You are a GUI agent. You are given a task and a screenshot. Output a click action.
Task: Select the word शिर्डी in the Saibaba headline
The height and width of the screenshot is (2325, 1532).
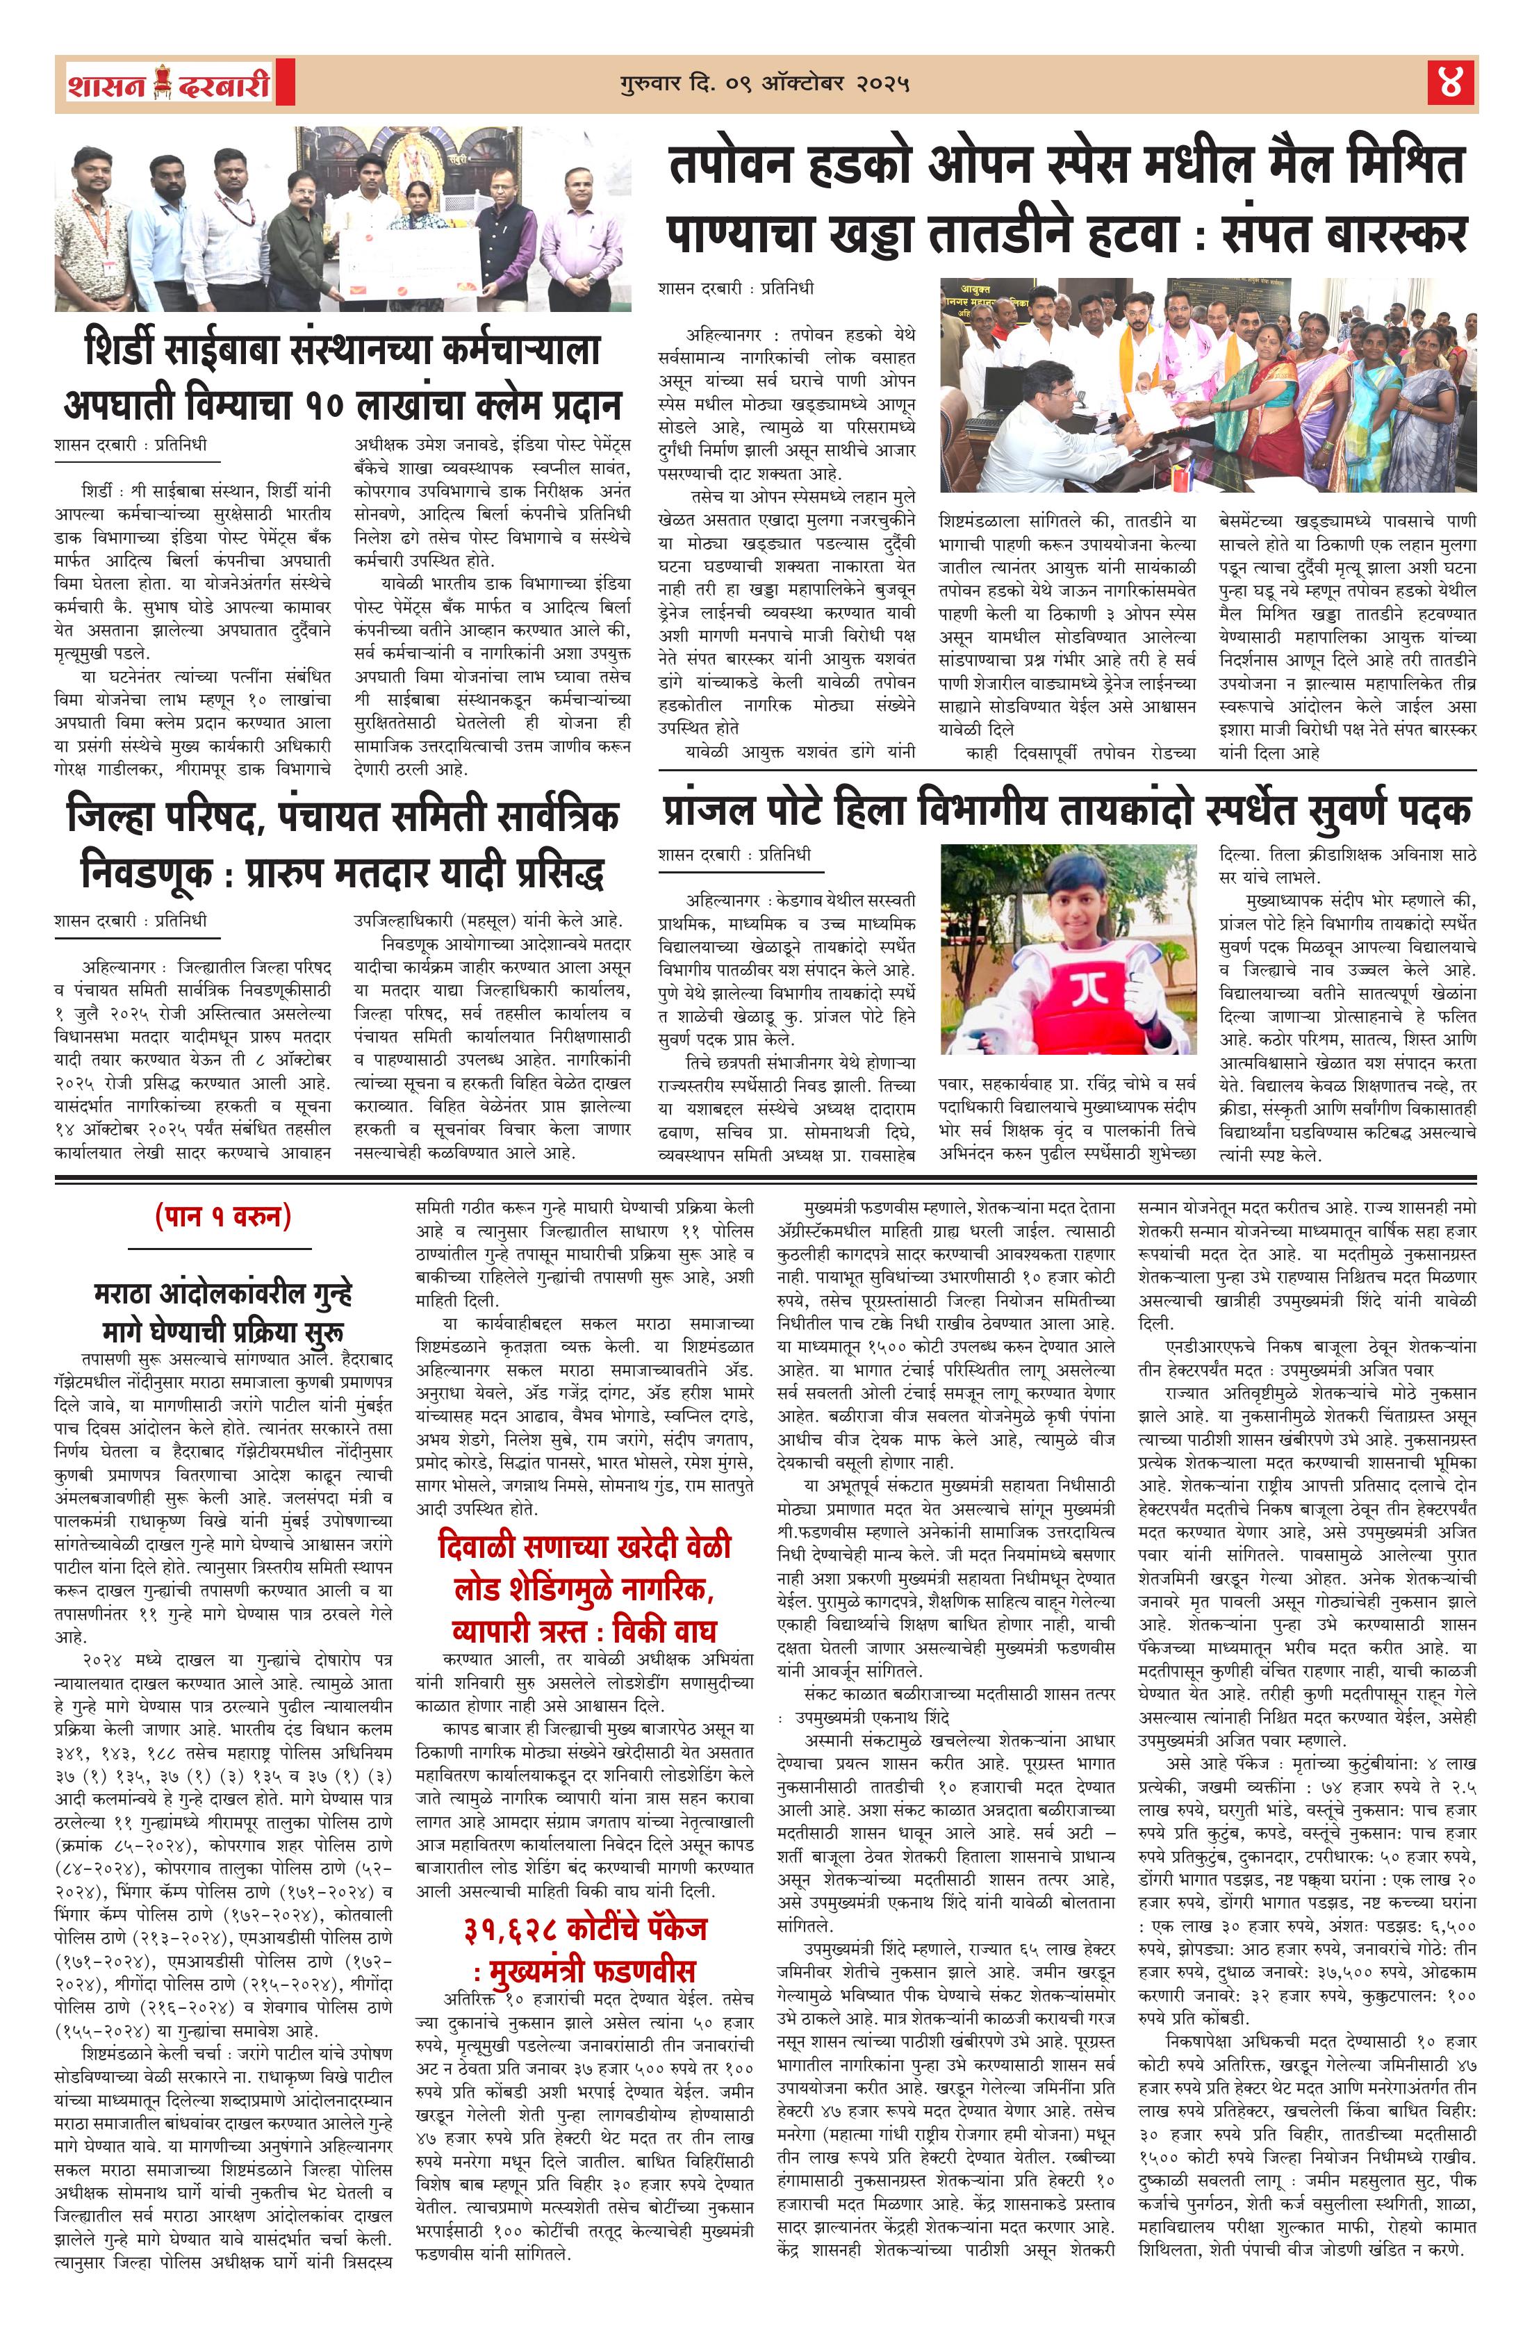[130, 350]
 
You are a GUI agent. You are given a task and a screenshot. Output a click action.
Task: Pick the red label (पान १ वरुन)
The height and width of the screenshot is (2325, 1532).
[223, 1216]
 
